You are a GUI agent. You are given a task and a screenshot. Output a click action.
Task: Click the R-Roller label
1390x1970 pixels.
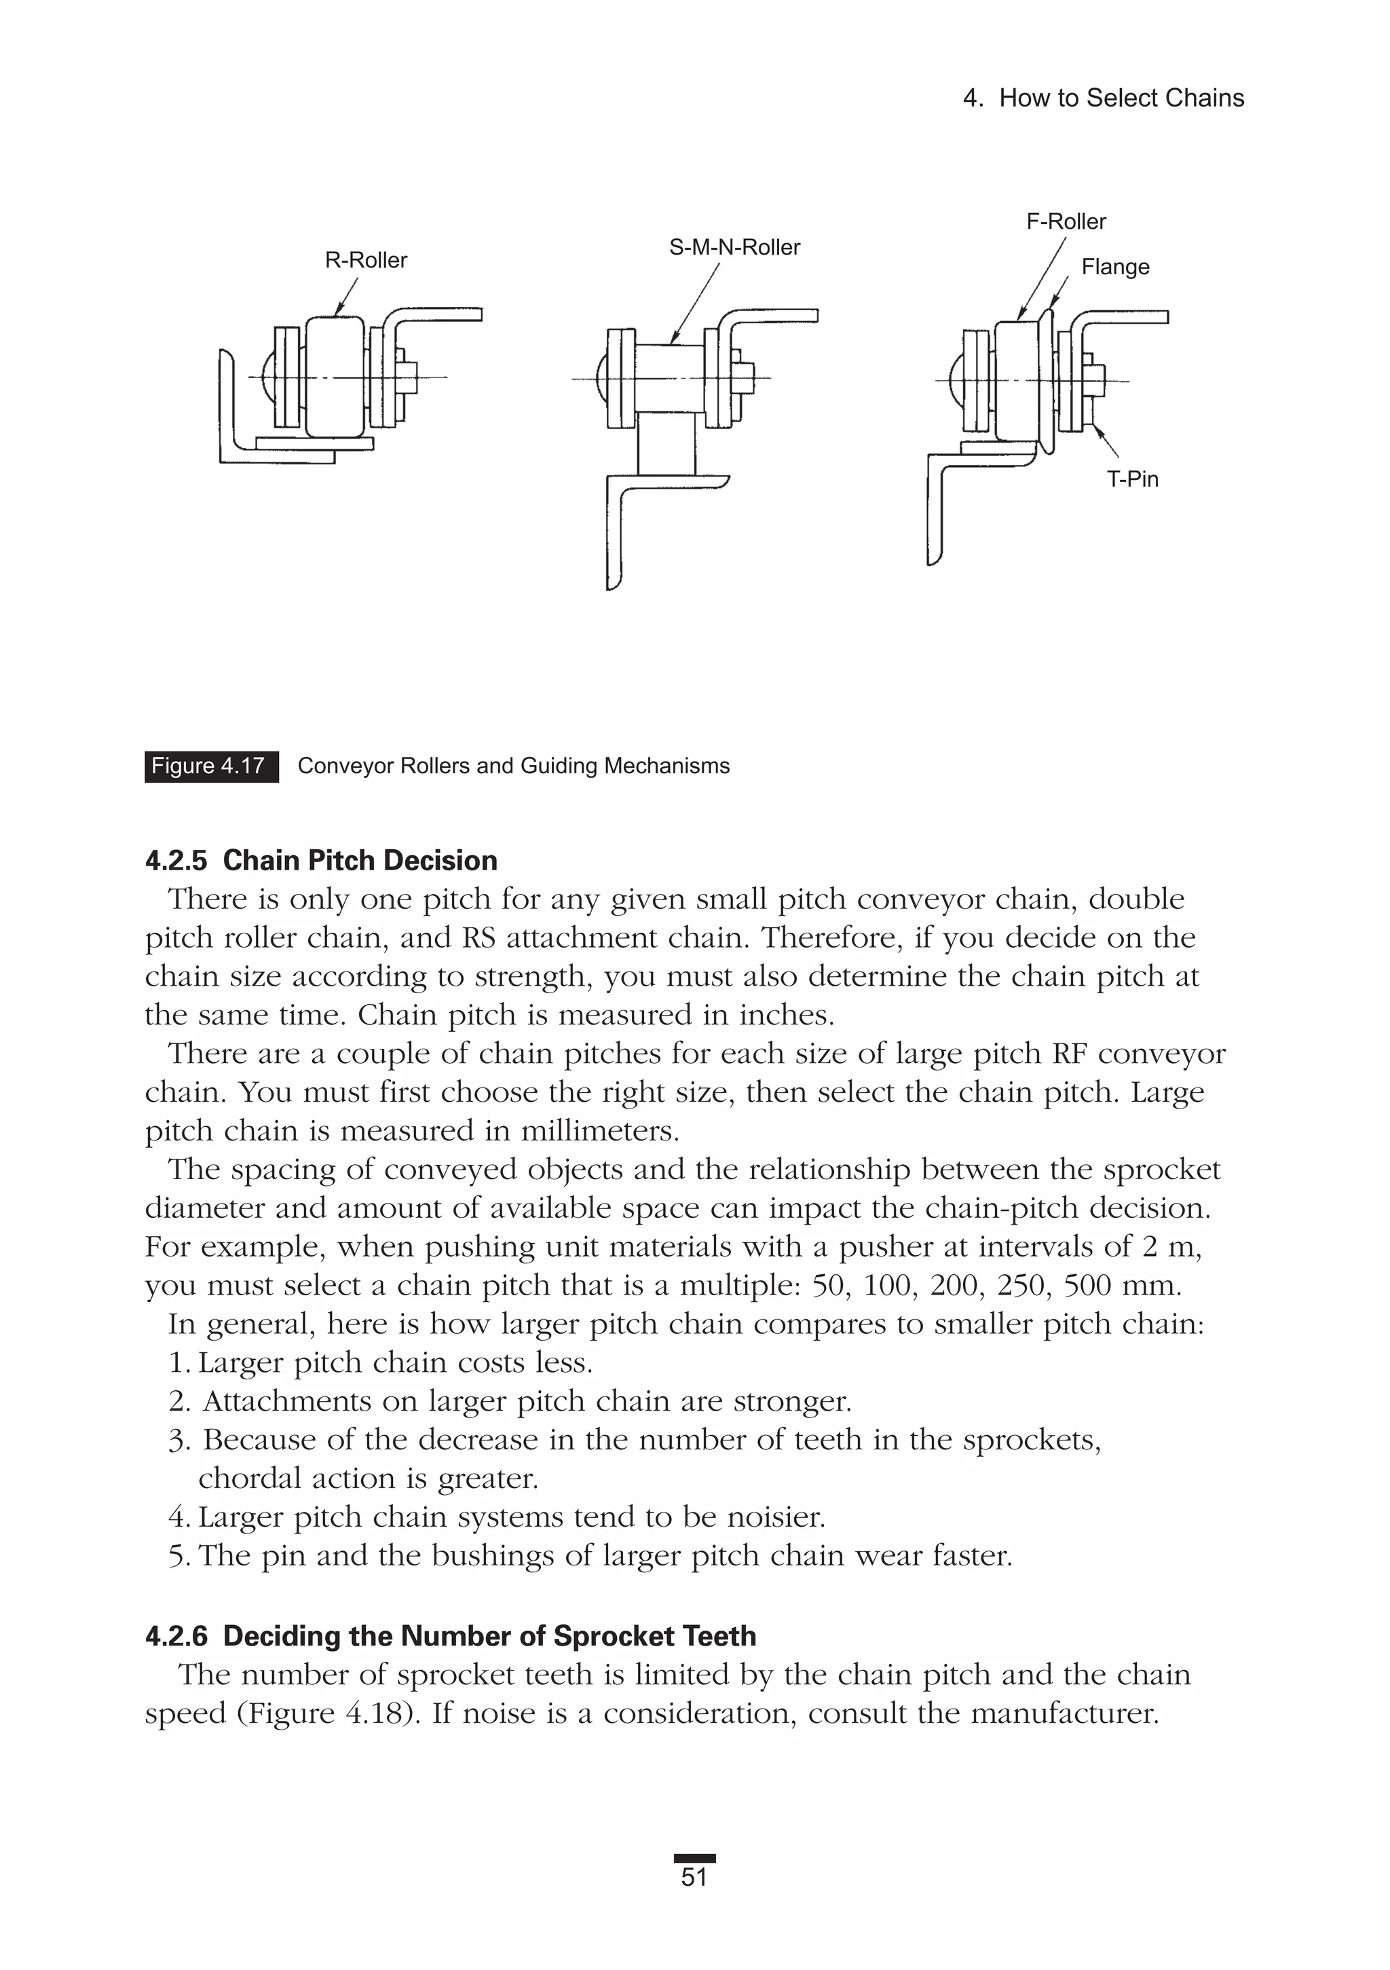(x=366, y=260)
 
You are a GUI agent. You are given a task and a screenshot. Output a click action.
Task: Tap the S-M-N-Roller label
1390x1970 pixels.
(x=734, y=247)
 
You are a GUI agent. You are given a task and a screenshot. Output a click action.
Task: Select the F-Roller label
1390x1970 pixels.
(x=1066, y=221)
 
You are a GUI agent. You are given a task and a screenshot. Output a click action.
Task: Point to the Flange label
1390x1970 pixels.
(x=1114, y=267)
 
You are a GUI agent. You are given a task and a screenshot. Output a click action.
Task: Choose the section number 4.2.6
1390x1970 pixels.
(x=176, y=1636)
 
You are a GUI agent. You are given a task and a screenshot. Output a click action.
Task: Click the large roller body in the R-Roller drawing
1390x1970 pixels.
(x=335, y=377)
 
